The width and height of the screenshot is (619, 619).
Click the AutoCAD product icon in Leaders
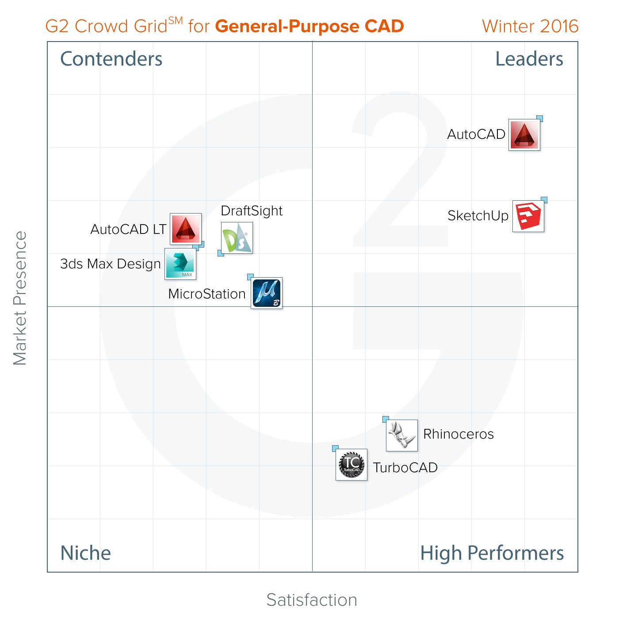524,135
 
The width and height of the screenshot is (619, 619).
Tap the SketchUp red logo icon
528,216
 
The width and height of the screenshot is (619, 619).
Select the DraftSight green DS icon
237,238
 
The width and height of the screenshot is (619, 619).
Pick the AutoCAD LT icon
186,229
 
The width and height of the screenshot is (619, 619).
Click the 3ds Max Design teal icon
180,264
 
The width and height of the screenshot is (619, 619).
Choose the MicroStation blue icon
267,293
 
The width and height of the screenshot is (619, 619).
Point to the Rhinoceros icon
402,436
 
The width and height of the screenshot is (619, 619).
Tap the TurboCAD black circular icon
352,465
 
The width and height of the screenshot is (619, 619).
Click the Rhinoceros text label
459,434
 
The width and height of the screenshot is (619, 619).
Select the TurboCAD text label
405,468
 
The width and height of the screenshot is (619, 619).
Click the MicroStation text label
207,294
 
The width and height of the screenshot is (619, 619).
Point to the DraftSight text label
252,211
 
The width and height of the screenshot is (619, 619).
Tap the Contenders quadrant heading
111,59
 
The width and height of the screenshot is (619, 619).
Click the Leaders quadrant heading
529,59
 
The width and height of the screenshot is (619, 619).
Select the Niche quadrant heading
86,553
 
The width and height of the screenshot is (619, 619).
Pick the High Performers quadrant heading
492,553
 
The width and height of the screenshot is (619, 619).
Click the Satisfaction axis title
312,600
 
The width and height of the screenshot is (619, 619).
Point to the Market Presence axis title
20,298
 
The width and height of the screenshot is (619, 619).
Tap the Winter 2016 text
530,27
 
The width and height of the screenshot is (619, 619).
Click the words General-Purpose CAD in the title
309,27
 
